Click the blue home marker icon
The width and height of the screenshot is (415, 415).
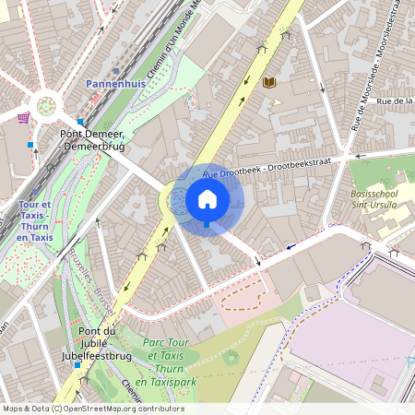pyautogui.click(x=207, y=199)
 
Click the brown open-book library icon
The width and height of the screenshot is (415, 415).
pyautogui.click(x=269, y=83)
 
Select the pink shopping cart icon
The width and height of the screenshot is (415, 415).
pyautogui.click(x=22, y=118)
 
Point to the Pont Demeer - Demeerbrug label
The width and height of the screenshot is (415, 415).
pyautogui.click(x=92, y=139)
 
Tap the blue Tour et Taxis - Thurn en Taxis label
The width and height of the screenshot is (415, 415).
pyautogui.click(x=35, y=220)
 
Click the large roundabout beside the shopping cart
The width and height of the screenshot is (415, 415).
pyautogui.click(x=44, y=104)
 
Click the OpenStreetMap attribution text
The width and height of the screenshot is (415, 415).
pyautogui.click(x=93, y=408)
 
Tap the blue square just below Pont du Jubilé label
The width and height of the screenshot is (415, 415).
pyautogui.click(x=77, y=365)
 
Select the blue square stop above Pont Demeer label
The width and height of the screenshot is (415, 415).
pyautogui.click(x=80, y=122)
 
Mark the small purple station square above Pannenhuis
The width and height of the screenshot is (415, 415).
pyautogui.click(x=115, y=70)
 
